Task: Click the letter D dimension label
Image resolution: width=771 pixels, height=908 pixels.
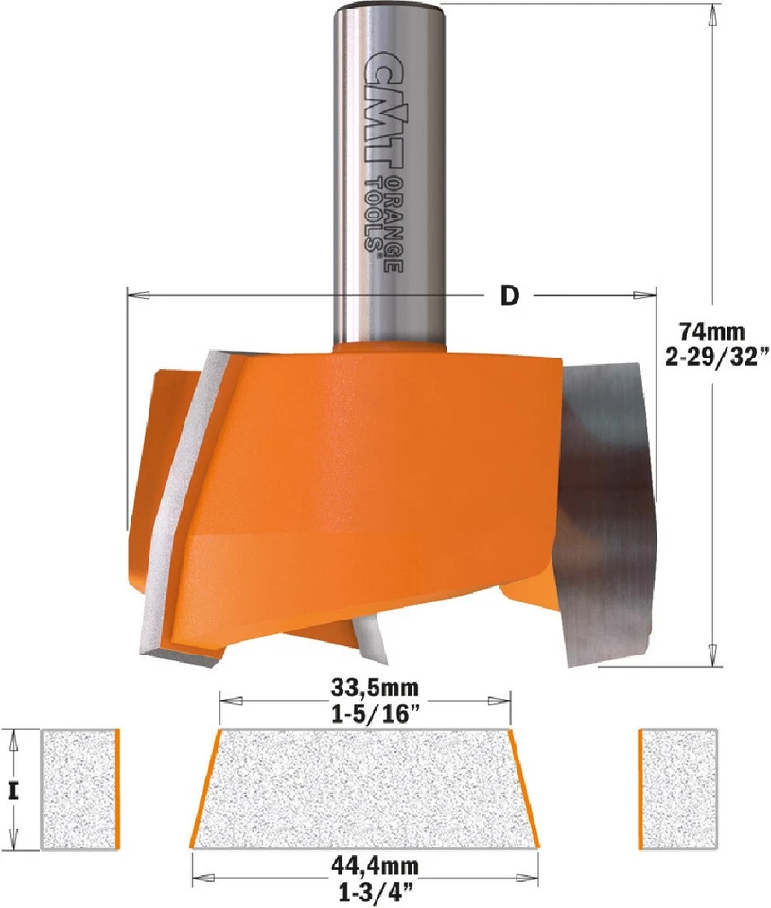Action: tap(510, 295)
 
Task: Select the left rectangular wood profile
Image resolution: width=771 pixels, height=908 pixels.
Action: tap(79, 790)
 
